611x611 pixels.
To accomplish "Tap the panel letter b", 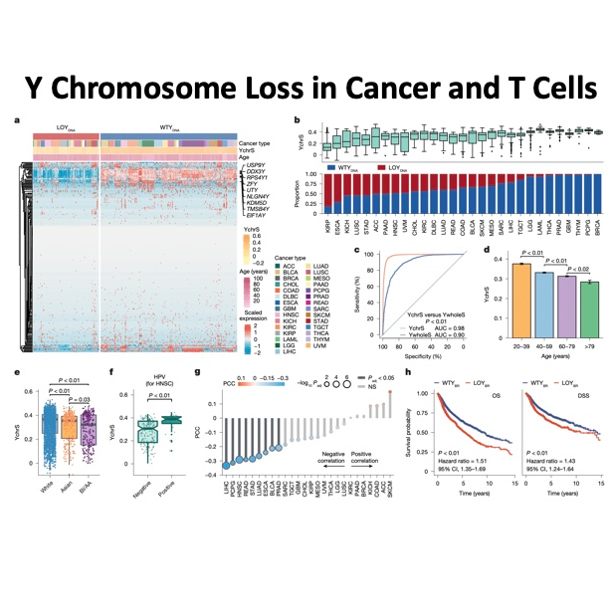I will coord(298,121).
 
